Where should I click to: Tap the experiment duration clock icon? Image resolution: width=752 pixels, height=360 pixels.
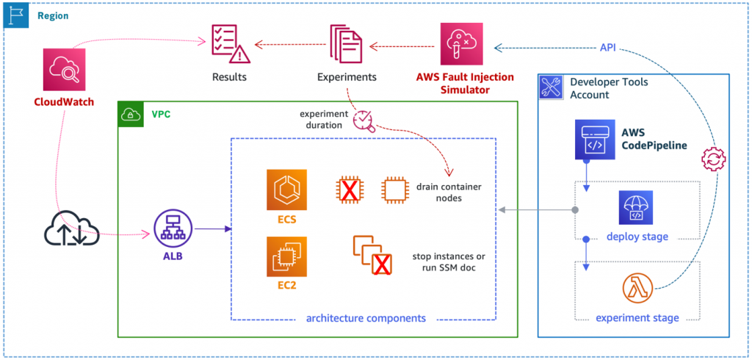pyautogui.click(x=365, y=120)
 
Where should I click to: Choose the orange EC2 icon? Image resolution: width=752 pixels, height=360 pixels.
pyautogui.click(x=287, y=256)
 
